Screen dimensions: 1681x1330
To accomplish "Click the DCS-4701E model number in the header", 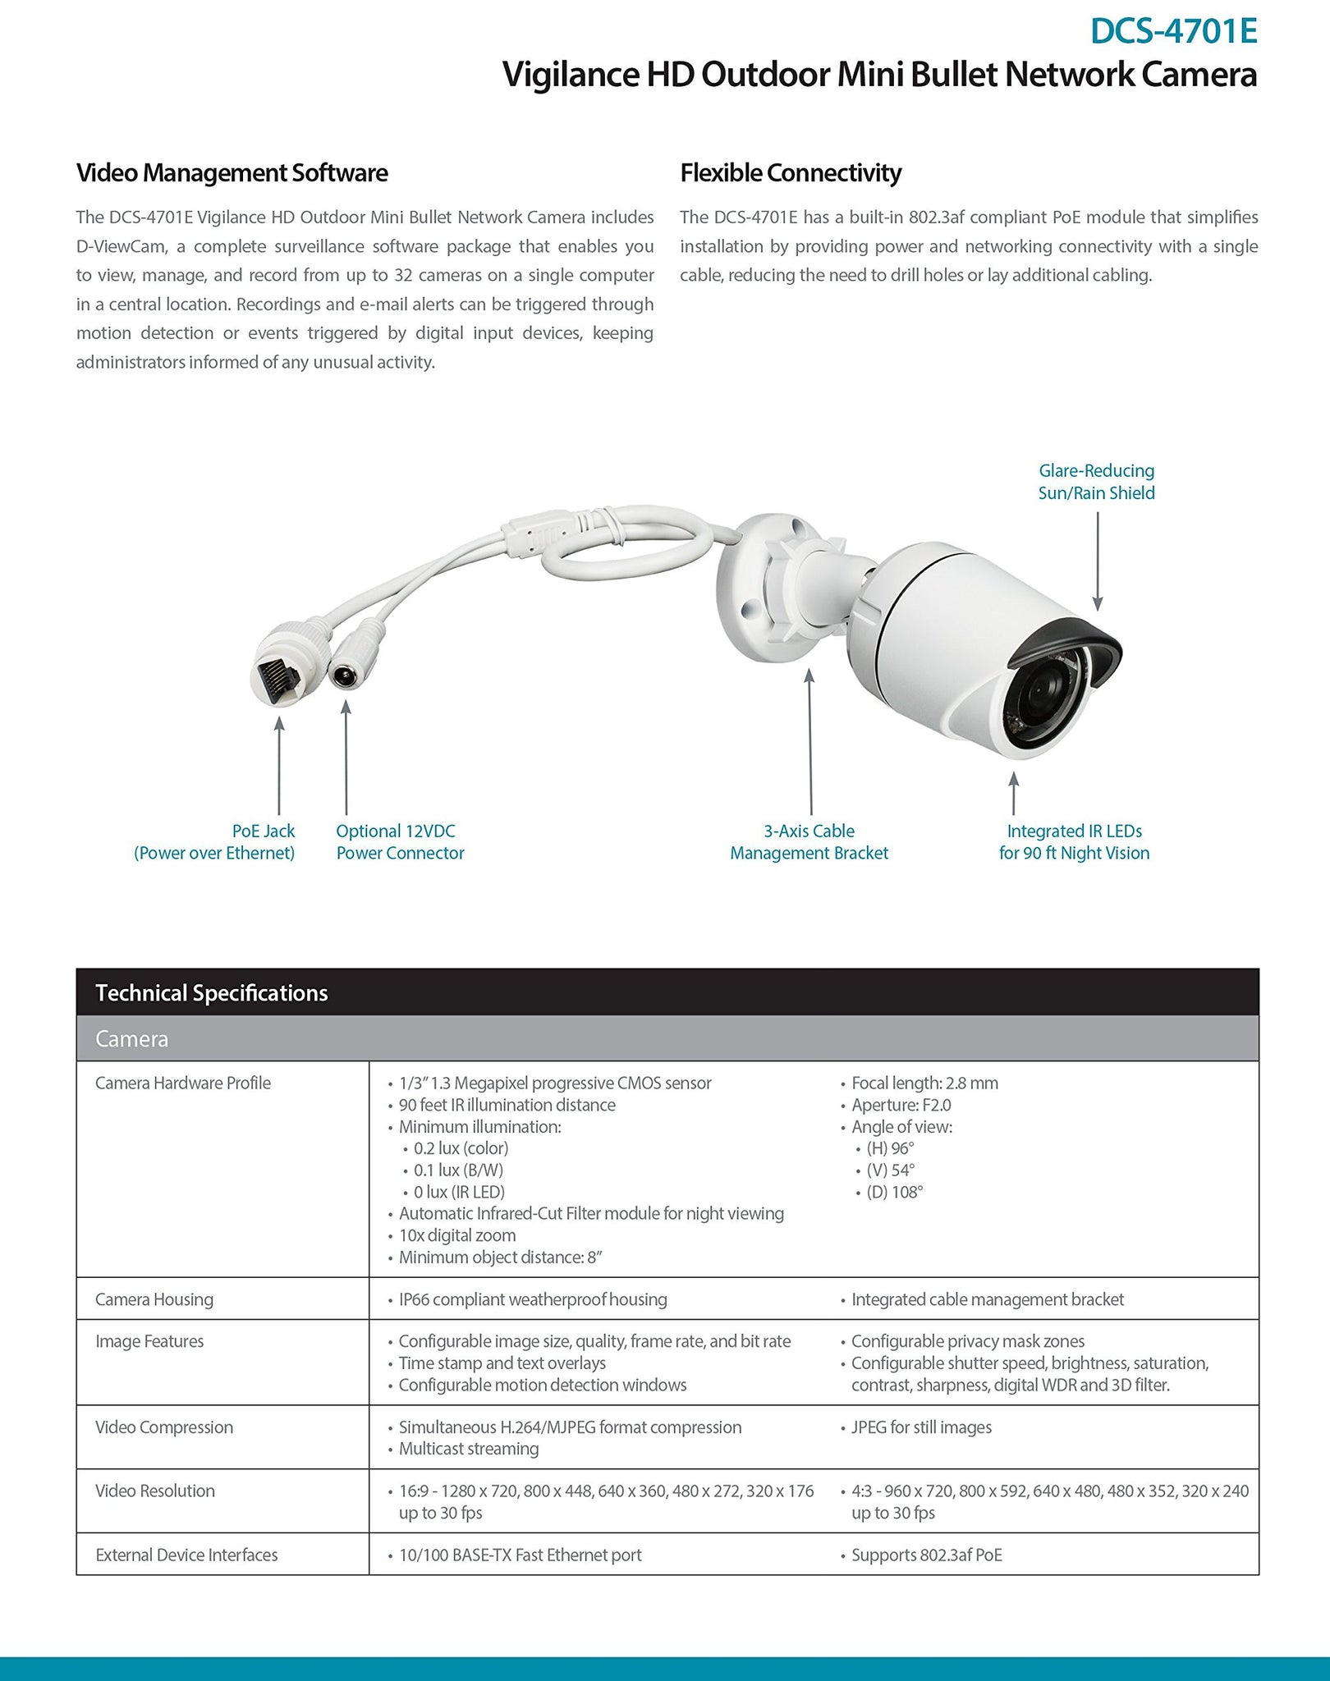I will [x=1173, y=31].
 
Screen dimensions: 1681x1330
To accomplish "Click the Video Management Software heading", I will [x=232, y=173].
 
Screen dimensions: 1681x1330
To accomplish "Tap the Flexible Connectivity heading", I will [x=790, y=173].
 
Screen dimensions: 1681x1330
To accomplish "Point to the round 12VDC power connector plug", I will [x=348, y=676].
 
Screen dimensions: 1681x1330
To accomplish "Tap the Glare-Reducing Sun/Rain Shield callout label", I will [x=1096, y=482].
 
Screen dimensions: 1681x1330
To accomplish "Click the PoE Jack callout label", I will [x=214, y=842].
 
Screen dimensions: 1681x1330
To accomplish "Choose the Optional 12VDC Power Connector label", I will [x=400, y=842].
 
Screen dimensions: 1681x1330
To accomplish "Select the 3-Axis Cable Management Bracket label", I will [x=809, y=842].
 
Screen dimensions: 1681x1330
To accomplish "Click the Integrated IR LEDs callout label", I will [x=1074, y=842].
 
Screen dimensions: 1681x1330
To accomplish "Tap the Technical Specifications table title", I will [x=211, y=993].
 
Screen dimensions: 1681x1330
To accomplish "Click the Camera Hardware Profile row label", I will [x=183, y=1083].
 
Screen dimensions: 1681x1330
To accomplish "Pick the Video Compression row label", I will [x=164, y=1427].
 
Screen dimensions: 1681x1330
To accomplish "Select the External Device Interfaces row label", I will [x=186, y=1555].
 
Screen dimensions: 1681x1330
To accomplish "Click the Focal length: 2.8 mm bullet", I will [x=924, y=1083].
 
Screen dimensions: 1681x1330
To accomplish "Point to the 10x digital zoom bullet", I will [x=456, y=1235].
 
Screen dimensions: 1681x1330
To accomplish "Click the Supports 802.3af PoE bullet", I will [x=926, y=1555].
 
